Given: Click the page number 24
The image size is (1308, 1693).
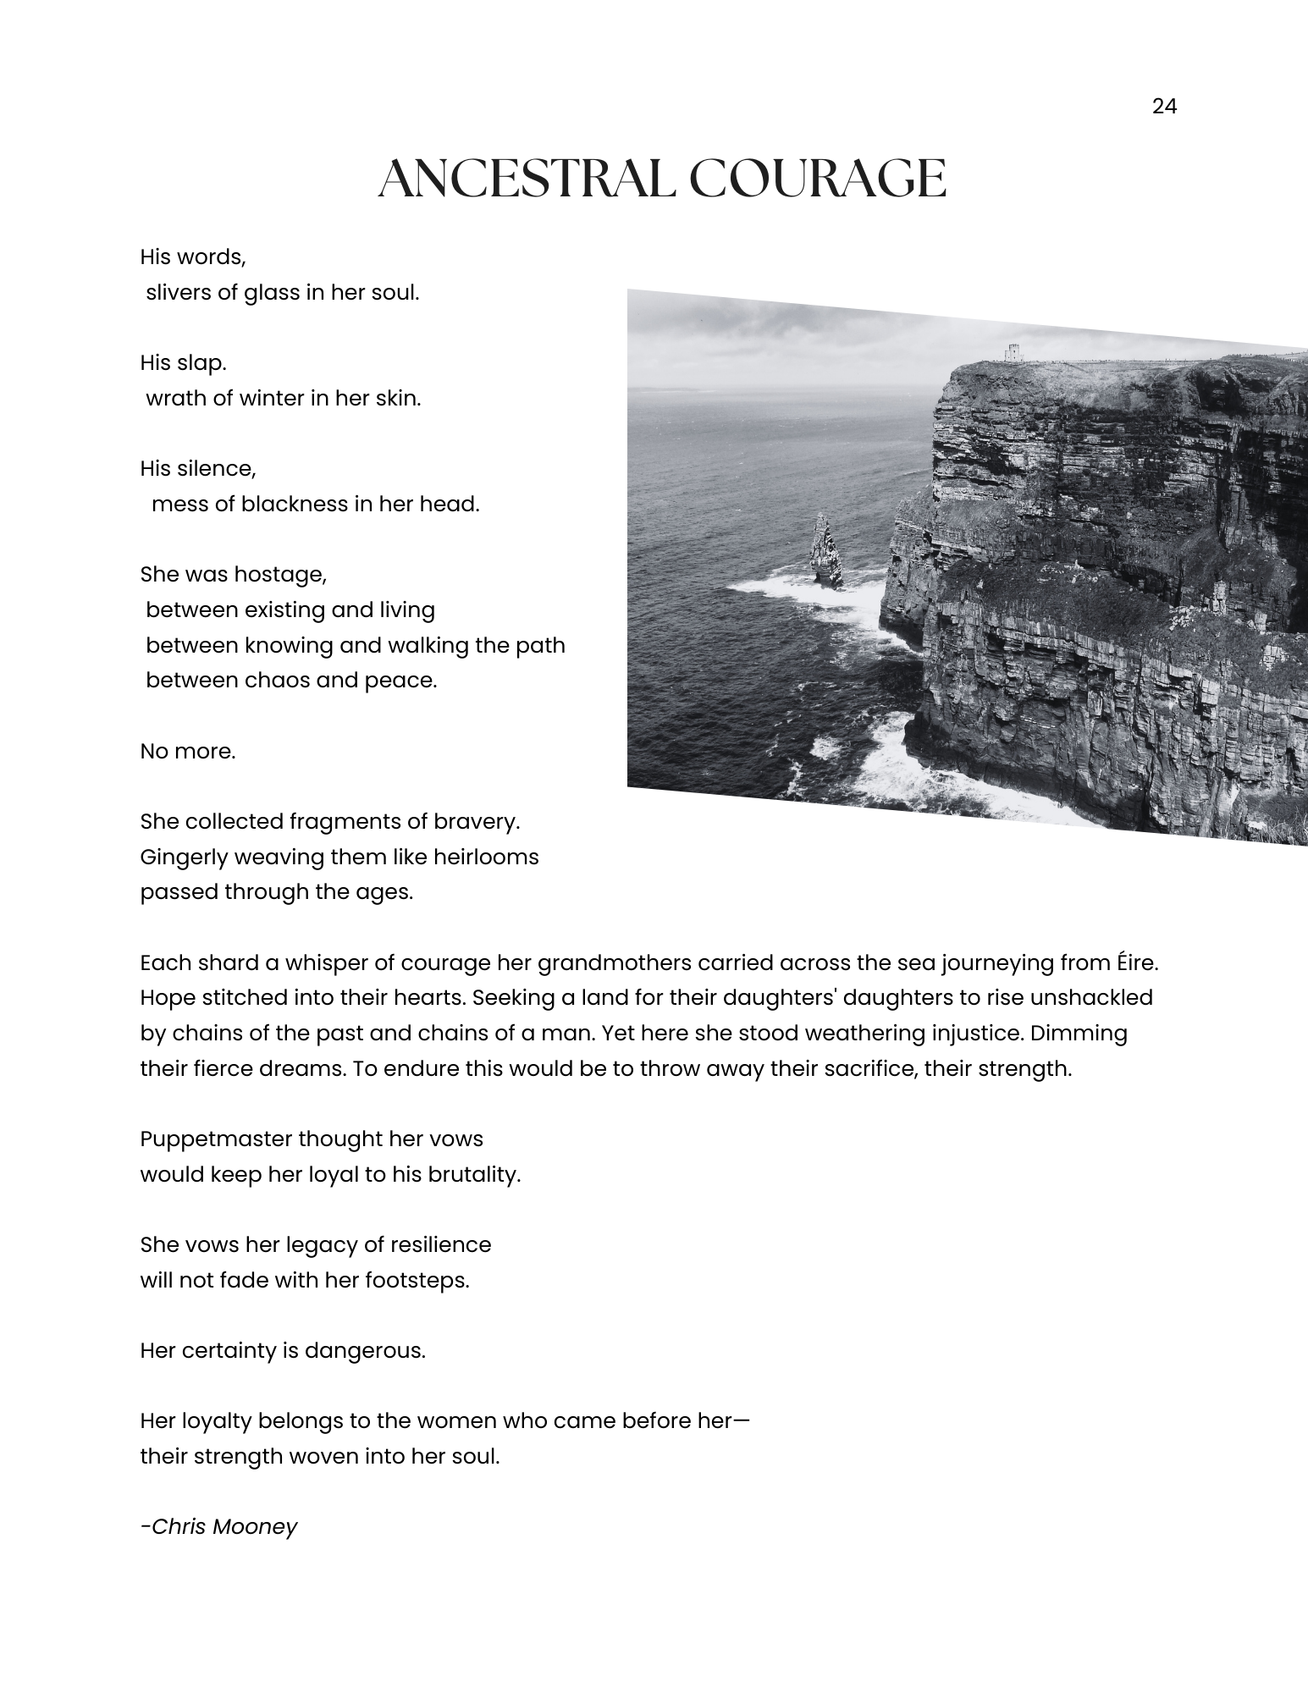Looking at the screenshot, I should [x=1164, y=107].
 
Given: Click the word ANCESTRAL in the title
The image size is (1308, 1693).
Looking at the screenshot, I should [x=525, y=179].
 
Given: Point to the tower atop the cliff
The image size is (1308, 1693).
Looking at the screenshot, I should [x=1013, y=352].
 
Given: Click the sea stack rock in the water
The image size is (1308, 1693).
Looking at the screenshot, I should [x=824, y=551].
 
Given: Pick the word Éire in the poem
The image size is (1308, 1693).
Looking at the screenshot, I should [x=1132, y=962].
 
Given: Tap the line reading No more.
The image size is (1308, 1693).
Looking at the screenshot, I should [x=188, y=751].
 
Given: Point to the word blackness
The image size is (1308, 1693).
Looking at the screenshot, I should [x=295, y=504].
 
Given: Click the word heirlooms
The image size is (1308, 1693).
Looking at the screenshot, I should [x=486, y=857].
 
